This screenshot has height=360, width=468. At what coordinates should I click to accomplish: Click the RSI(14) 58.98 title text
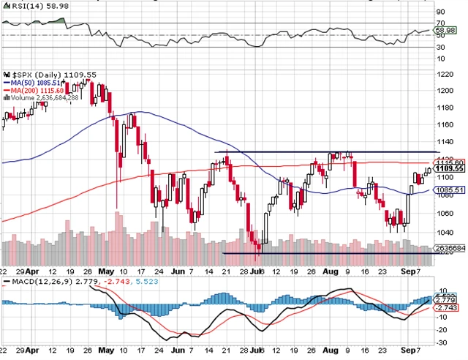pyautogui.click(x=30, y=5)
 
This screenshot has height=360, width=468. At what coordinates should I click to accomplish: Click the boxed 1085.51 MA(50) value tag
pyautogui.click(x=445, y=190)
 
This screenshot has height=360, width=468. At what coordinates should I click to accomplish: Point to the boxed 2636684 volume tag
pyautogui.click(x=448, y=268)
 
